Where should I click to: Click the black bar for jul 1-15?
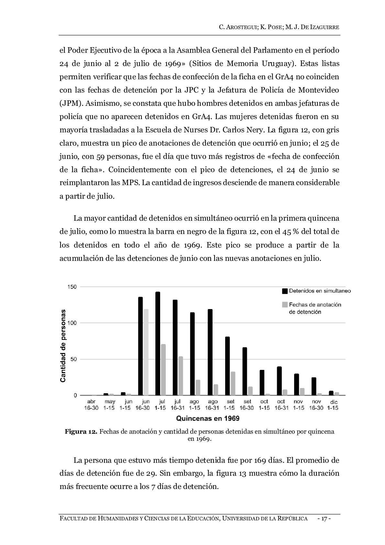pos(158,343)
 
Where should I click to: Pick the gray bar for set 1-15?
pos(233,383)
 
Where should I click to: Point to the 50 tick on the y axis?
pos(73,359)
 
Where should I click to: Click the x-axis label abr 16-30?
pos(91,405)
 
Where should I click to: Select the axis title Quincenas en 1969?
pos(208,418)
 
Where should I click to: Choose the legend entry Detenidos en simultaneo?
pos(319,291)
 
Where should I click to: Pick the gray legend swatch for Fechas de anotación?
pos(285,305)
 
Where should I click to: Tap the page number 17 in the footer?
pos(324,519)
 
